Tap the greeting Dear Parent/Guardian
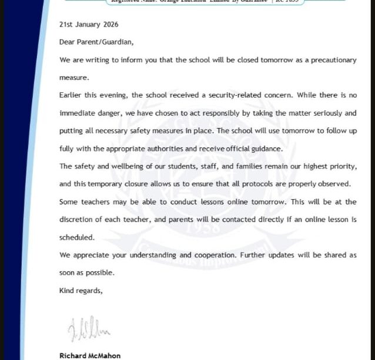pos(96,42)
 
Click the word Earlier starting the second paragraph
pos(72,95)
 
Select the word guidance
pos(267,149)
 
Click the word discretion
pos(78,220)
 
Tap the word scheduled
pos(76,237)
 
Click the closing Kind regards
pos(81,291)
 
